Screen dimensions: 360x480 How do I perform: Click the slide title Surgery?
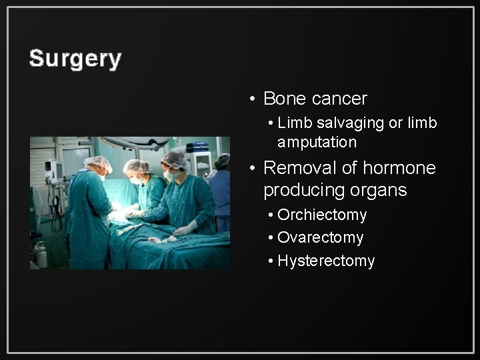tap(75, 59)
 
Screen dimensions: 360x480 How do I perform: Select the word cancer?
tap(339, 99)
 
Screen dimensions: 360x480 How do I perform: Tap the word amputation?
tap(317, 143)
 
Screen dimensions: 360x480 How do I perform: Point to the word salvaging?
tap(345, 123)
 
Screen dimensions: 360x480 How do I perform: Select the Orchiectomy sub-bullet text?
tap(322, 215)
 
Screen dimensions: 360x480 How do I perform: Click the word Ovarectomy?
tap(321, 237)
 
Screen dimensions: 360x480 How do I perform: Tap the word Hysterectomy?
tap(326, 261)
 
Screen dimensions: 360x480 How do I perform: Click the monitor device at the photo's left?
tap(53, 171)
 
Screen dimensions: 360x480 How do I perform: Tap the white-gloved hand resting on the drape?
tap(183, 228)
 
